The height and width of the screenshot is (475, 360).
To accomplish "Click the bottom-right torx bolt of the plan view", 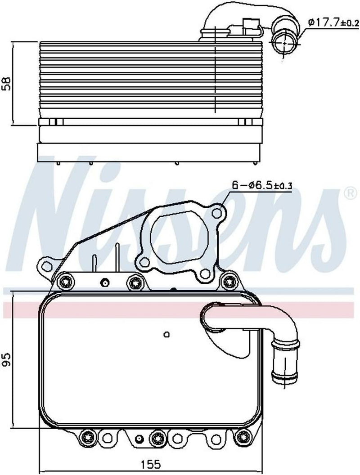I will click(243, 436).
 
